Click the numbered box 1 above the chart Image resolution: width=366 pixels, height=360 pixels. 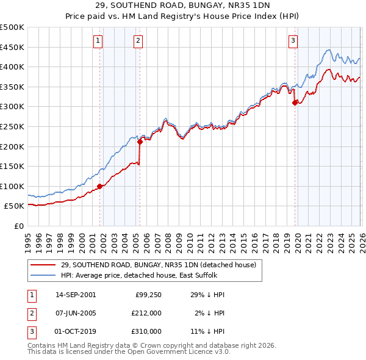click(x=98, y=41)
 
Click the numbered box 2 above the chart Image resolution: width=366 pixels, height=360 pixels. click(x=138, y=41)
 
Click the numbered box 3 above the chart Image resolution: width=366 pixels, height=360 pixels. click(x=293, y=41)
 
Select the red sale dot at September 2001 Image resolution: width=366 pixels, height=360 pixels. click(x=100, y=186)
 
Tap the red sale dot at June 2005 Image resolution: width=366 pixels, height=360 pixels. click(x=140, y=142)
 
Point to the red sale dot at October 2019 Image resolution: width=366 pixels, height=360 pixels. click(x=295, y=103)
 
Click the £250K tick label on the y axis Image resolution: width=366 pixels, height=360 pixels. click(x=12, y=126)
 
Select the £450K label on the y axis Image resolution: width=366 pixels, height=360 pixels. click(x=12, y=47)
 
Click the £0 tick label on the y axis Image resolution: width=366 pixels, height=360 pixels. click(x=18, y=226)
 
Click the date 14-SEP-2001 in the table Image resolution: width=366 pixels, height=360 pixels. click(x=76, y=295)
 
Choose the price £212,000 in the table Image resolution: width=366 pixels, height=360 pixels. click(x=146, y=313)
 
